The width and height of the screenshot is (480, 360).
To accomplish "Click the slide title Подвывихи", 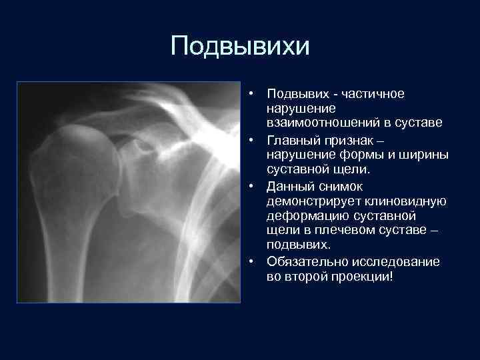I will pyautogui.click(x=240, y=46).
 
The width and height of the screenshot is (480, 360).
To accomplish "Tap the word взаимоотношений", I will pyautogui.click(x=311, y=125).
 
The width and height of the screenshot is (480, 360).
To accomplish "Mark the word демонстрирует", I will pyautogui.click(x=311, y=201).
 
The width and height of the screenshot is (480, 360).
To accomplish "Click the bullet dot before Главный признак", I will pyautogui.click(x=255, y=141).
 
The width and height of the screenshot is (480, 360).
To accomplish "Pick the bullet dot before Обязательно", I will pyautogui.click(x=255, y=262).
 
